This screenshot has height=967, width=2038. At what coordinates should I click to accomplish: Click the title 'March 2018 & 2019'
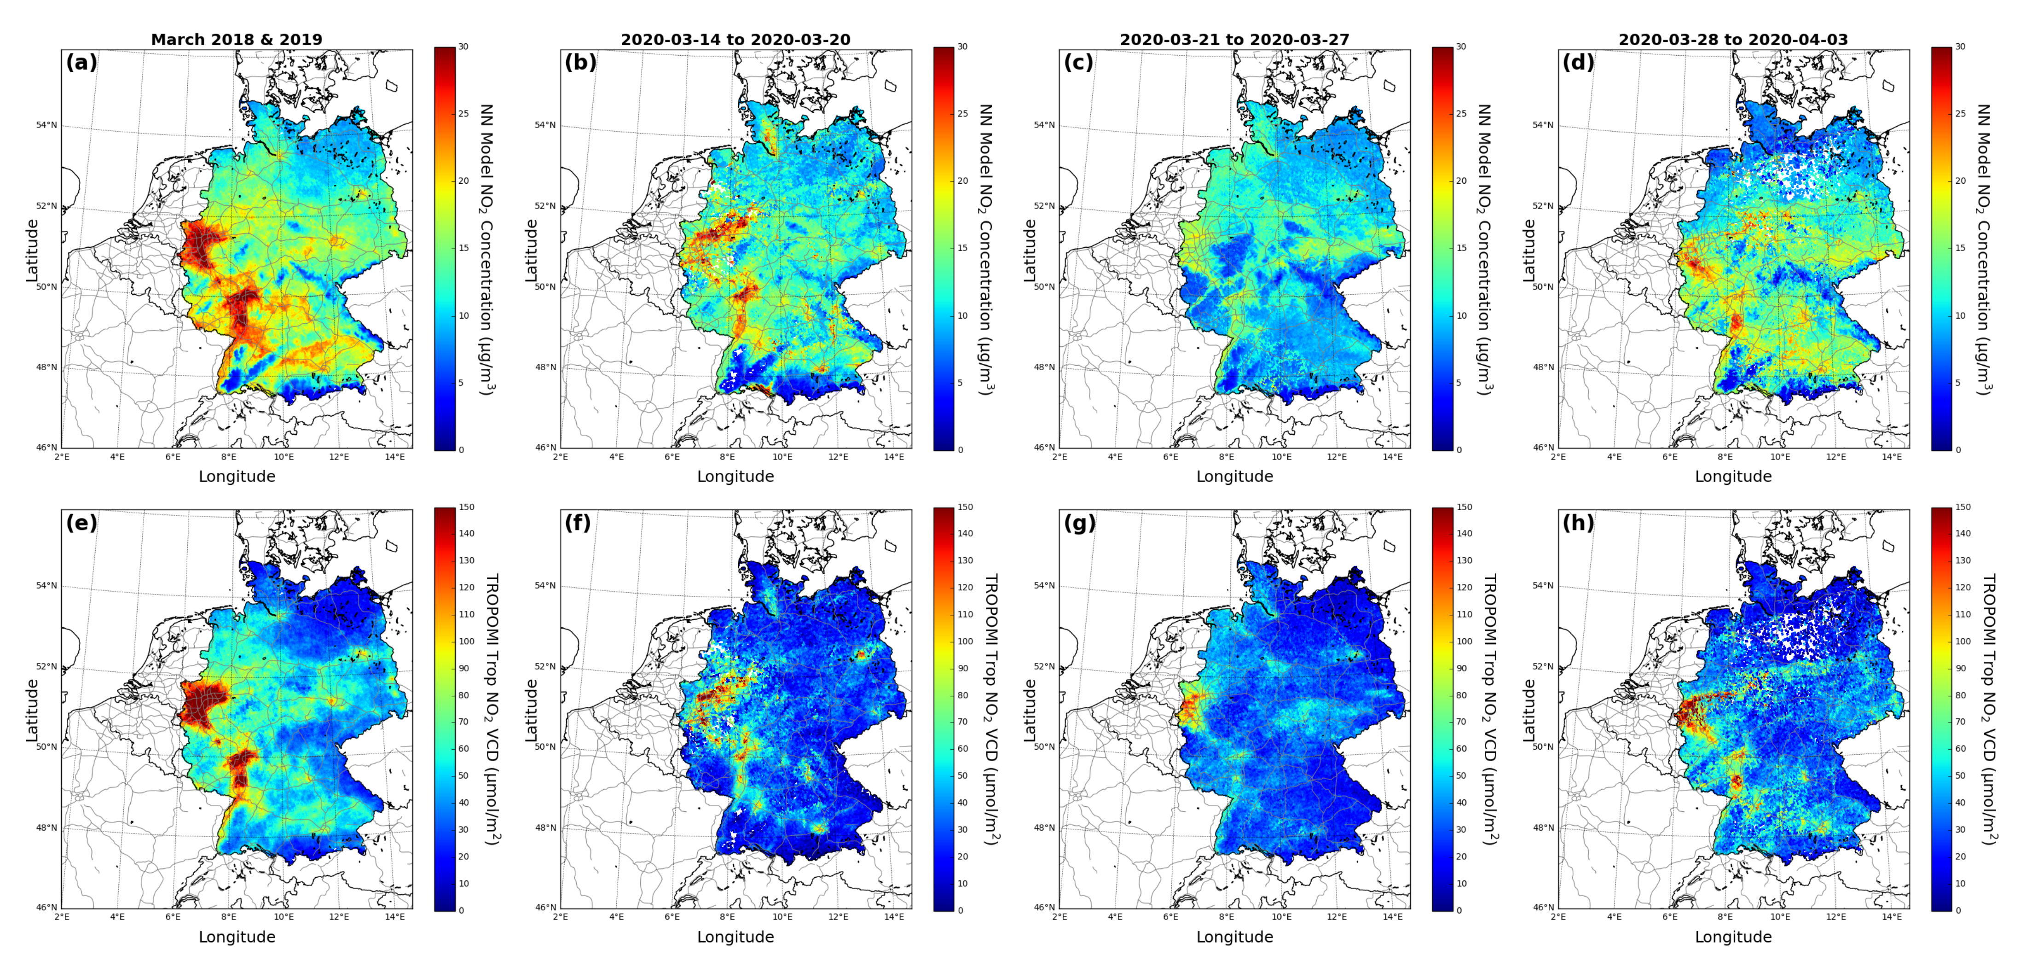(237, 40)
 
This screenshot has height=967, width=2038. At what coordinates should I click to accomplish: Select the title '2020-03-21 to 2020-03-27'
(1234, 40)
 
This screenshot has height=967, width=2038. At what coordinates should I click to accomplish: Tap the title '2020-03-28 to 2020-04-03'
(1732, 40)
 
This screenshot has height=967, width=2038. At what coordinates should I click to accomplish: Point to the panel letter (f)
(579, 523)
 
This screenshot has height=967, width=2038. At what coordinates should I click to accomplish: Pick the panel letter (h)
(1578, 523)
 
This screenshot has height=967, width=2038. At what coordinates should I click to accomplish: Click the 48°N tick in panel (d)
(1544, 367)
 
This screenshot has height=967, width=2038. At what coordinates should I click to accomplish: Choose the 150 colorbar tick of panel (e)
(467, 507)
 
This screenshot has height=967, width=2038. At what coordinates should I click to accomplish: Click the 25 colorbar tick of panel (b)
(963, 114)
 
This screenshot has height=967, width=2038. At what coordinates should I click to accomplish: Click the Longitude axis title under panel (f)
(735, 937)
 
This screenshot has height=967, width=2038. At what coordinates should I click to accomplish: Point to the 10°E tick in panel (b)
(782, 457)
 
